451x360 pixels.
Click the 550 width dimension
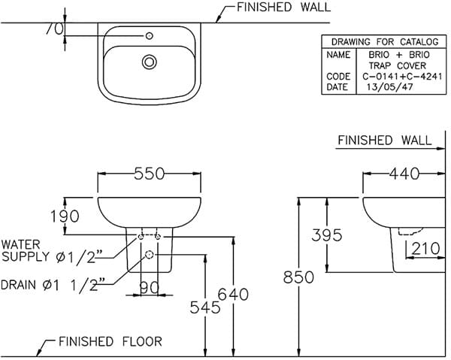150,174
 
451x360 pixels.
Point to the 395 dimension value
327,235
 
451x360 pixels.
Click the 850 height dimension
298,277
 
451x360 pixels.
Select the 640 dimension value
233,295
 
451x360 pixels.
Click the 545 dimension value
205,307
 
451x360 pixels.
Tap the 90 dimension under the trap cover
150,286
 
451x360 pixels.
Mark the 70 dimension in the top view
53,29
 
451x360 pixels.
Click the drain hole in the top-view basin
150,62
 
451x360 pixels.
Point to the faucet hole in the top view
150,35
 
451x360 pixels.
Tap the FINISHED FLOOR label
110,342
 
